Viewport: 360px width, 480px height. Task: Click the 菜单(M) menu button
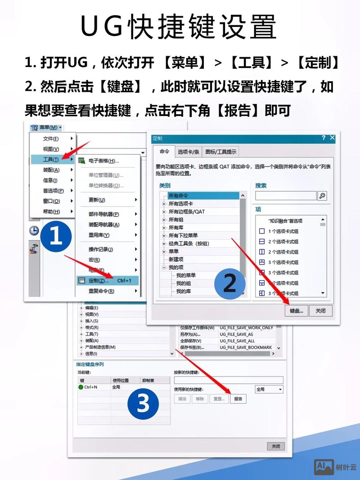click(46, 128)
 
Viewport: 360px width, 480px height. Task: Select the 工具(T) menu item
click(51, 159)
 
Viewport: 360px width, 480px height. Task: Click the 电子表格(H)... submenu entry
click(103, 161)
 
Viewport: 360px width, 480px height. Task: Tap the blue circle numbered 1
click(56, 236)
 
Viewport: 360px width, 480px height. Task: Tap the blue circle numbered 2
click(229, 283)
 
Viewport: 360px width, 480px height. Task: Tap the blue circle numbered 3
click(143, 403)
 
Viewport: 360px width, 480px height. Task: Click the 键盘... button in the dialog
click(297, 310)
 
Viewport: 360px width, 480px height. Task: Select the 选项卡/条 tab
click(188, 152)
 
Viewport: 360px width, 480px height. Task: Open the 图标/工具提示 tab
click(220, 152)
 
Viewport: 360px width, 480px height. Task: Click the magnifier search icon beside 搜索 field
click(322, 196)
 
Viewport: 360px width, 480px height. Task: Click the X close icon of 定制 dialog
click(333, 138)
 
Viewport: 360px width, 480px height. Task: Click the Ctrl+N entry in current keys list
click(90, 387)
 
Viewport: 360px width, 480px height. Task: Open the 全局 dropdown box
click(269, 389)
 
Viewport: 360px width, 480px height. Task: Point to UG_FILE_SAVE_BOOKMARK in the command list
click(246, 348)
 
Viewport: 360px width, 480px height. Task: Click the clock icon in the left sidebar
click(34, 231)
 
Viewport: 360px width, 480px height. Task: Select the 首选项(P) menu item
click(53, 191)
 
